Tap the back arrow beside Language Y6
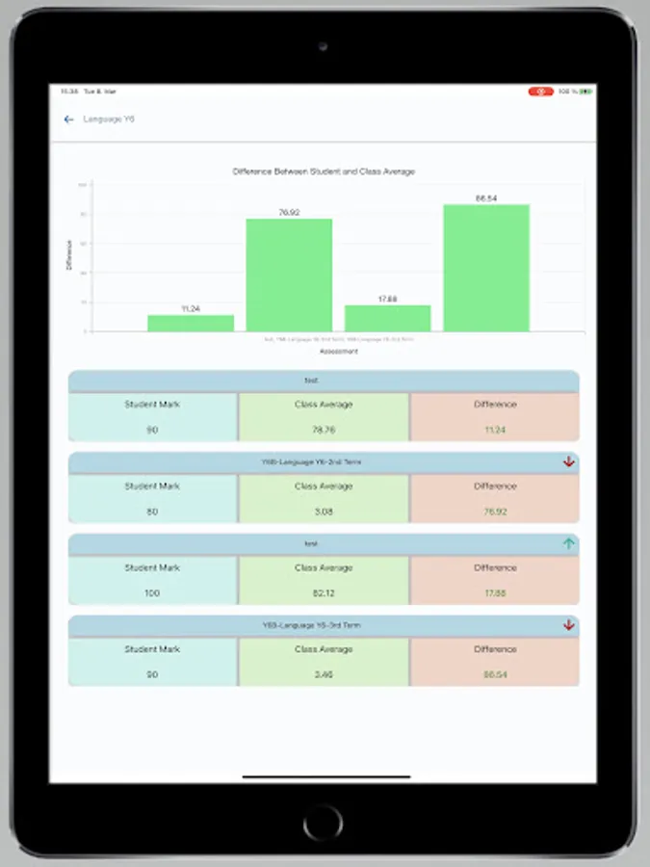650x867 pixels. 68,119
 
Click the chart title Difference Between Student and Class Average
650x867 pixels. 324,171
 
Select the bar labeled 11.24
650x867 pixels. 191,324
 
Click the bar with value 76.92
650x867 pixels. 289,276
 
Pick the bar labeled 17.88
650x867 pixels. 387,319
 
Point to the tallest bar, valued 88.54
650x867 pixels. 486,268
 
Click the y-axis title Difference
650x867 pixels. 69,254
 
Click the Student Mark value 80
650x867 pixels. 152,512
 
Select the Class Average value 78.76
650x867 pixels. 324,430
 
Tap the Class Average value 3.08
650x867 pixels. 324,512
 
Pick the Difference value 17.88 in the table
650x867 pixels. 495,593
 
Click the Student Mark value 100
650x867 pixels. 152,593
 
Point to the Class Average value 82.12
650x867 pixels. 324,593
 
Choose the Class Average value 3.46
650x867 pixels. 324,674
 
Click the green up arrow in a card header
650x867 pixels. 569,543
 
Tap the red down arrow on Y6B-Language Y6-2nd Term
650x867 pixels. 569,462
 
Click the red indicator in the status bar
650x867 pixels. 540,92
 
